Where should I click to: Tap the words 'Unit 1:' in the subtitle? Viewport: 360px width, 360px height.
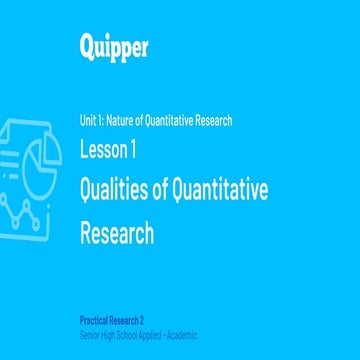pos(92,121)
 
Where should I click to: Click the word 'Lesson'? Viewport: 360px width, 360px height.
pos(102,150)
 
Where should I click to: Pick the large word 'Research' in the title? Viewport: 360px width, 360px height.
pos(117,233)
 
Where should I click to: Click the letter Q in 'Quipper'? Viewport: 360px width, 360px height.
pos(88,46)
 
